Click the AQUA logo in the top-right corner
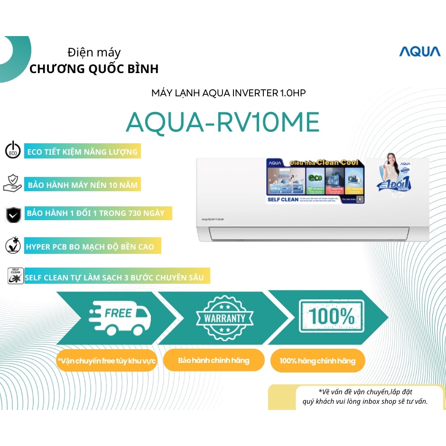419,51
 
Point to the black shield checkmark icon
13,214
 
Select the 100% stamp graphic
332,316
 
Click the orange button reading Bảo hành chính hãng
214,361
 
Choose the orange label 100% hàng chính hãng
317,361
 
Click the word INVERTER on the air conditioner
213,219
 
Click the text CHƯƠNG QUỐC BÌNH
94,69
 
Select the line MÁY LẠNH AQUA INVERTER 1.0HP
228,93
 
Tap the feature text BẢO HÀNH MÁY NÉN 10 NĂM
83,185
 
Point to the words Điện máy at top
94,52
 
